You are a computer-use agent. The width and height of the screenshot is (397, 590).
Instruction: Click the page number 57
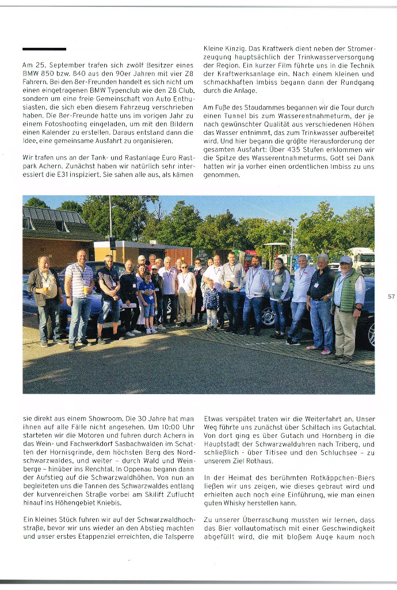[x=391, y=296]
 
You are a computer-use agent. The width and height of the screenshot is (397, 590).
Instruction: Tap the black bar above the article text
[x=44, y=49]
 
